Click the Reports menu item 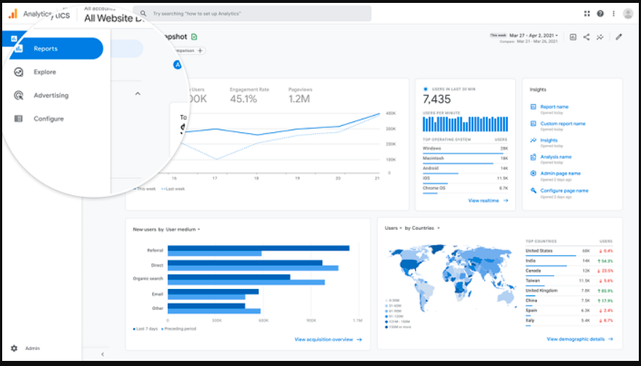click(x=45, y=49)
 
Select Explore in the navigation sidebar click(x=44, y=72)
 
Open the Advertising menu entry click(x=50, y=95)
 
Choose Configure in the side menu click(x=48, y=119)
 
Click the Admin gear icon click(x=14, y=349)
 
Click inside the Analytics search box click(x=252, y=14)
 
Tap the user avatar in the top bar click(x=628, y=14)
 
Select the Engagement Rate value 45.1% click(x=243, y=99)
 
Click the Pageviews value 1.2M click(x=299, y=99)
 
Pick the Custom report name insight click(x=562, y=124)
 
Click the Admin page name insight click(x=560, y=174)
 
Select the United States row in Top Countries click(x=539, y=251)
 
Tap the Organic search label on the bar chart click(x=148, y=278)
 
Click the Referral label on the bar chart click(x=154, y=250)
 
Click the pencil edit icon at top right click(x=618, y=37)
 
